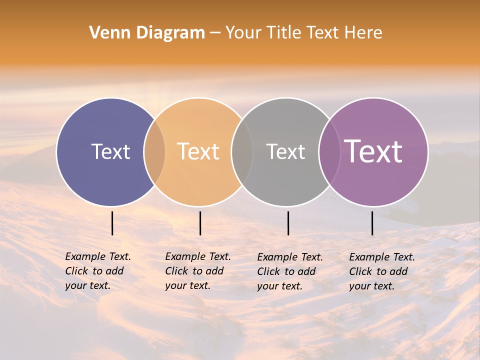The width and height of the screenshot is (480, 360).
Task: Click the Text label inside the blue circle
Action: coord(110,152)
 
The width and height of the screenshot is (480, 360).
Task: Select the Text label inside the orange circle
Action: coord(198,152)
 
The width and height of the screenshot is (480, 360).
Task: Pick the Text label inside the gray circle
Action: coord(285,152)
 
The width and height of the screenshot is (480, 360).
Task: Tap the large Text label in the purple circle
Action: coord(373,152)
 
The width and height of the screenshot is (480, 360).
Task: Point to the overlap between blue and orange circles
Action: coord(154,152)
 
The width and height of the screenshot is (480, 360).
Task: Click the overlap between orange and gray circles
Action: coord(242,152)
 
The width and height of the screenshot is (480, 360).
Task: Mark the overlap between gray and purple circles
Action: coord(328,152)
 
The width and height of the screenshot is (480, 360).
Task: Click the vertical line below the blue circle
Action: coord(112,223)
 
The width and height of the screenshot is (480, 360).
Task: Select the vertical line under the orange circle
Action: coord(200,223)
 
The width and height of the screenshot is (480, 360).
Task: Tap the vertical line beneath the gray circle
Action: coord(288,223)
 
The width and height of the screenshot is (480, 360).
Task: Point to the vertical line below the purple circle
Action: coord(372,223)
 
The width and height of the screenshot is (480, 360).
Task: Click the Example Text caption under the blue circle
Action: coord(98,271)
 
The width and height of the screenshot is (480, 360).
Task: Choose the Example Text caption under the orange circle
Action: coord(198,271)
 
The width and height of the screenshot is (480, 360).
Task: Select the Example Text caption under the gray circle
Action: coord(290,271)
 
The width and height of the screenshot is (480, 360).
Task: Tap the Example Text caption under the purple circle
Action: coord(382,271)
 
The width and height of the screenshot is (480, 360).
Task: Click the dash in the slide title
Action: coord(215,33)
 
